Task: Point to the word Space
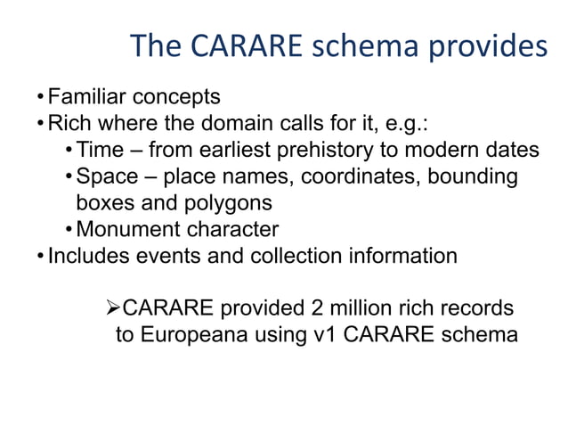(x=106, y=176)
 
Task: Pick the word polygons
(x=227, y=202)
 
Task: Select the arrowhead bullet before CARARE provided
(x=112, y=308)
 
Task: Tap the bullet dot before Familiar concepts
(x=40, y=96)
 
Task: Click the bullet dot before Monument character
(x=69, y=230)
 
